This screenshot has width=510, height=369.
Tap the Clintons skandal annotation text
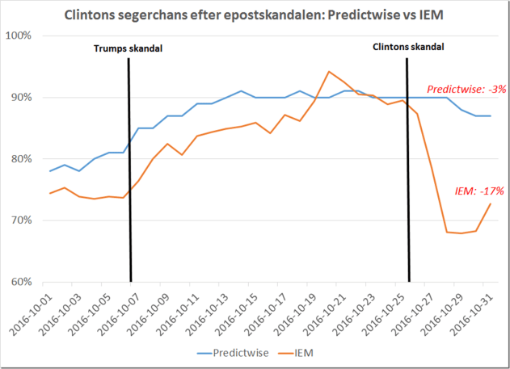point(407,48)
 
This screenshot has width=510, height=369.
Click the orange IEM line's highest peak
point(329,72)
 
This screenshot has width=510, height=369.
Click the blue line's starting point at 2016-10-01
point(50,171)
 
